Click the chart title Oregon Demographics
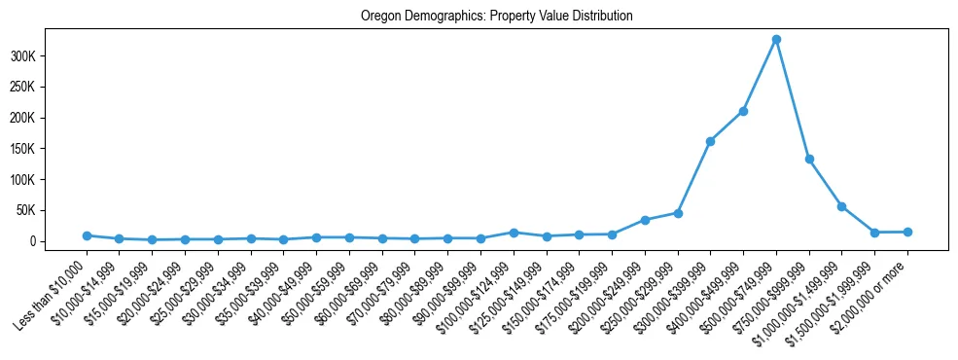[x=496, y=16]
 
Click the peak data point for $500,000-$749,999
[x=776, y=40]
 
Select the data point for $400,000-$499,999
[x=743, y=111]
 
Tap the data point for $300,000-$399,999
[x=710, y=141]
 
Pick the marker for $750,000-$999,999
[x=809, y=159]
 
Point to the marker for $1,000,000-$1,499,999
[x=841, y=206]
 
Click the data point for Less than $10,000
[x=87, y=235]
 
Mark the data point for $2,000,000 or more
[x=907, y=232]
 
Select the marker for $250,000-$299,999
[x=678, y=213]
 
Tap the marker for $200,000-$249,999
[x=645, y=220]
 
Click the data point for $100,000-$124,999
[x=514, y=233]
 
